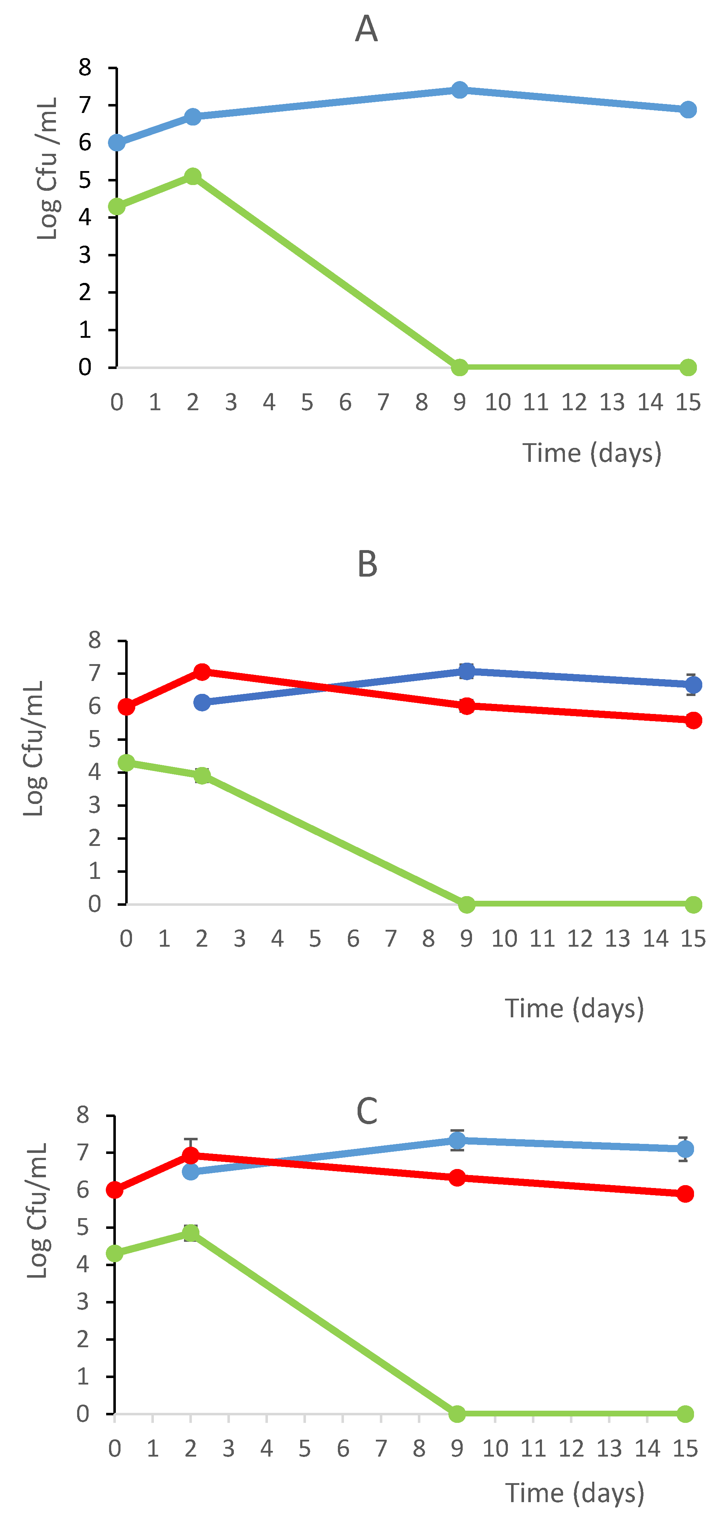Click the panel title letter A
(366, 28)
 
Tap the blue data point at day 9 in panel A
(459, 90)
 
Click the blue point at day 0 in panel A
(117, 143)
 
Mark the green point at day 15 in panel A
(688, 368)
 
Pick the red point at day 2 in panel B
(202, 672)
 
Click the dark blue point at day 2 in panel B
(202, 702)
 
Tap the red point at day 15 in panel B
(693, 720)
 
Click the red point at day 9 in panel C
(457, 1178)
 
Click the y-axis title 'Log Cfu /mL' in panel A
(47, 169)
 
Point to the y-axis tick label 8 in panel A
(85, 67)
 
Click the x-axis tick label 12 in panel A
(574, 402)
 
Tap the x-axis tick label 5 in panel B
(315, 939)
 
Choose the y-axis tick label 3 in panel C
(83, 1302)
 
